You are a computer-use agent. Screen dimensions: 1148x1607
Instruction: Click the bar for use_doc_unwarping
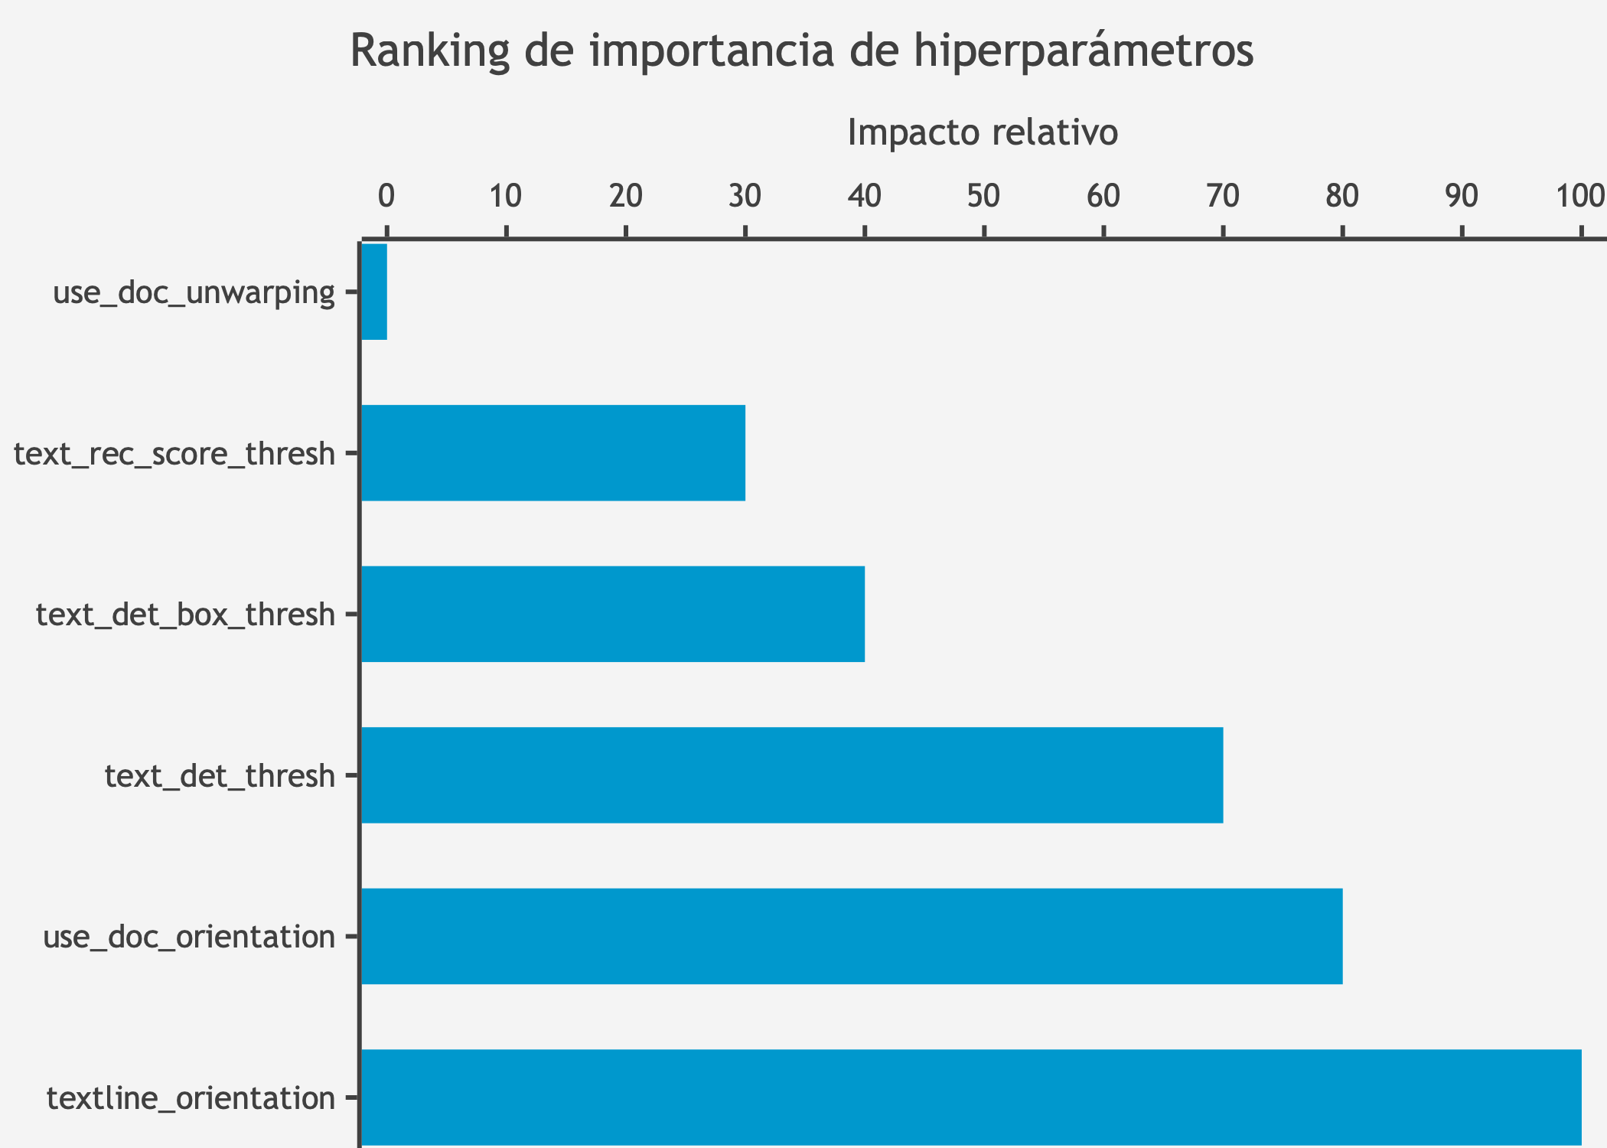click(x=374, y=292)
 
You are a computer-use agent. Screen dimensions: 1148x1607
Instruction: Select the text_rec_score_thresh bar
click(x=553, y=453)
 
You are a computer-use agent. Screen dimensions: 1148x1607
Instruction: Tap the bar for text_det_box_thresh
click(x=612, y=614)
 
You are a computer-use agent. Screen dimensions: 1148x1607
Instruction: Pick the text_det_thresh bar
click(x=791, y=775)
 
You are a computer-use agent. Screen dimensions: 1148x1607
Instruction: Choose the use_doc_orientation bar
click(x=851, y=936)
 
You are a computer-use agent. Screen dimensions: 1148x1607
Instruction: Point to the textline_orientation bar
click(x=970, y=1097)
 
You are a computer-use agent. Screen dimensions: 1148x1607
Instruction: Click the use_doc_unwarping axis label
click(x=194, y=292)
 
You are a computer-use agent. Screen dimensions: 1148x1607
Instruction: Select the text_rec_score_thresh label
click(x=174, y=454)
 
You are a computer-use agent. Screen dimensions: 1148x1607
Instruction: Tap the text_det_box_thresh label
click(x=185, y=615)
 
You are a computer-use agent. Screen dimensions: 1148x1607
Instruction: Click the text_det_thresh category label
click(x=220, y=776)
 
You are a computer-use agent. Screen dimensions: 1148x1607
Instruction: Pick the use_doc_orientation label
click(x=189, y=937)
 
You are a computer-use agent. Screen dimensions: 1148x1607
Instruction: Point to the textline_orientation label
click(x=191, y=1098)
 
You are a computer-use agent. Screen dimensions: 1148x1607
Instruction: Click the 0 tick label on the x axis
click(x=386, y=197)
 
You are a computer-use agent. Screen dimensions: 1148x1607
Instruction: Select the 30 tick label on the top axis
click(x=745, y=197)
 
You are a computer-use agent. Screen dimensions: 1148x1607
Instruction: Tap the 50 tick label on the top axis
click(x=983, y=197)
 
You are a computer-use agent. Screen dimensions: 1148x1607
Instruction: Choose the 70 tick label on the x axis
click(x=1222, y=197)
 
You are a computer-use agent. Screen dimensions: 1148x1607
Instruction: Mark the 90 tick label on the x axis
click(x=1461, y=197)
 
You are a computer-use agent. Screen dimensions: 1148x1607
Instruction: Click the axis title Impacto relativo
click(x=983, y=132)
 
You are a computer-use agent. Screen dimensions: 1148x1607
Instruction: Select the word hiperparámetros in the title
click(x=1084, y=51)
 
